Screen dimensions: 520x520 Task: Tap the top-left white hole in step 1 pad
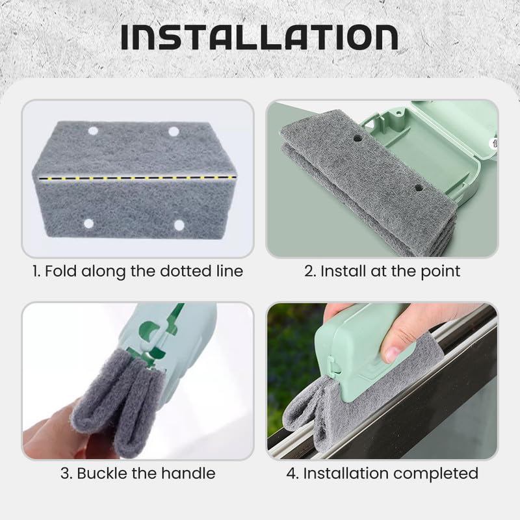tap(93, 131)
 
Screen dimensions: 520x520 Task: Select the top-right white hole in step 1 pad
tap(174, 131)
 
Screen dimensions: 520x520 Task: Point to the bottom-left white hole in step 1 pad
tap(88, 224)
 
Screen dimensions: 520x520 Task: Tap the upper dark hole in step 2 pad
tap(357, 138)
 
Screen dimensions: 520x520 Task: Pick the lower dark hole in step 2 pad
tap(419, 188)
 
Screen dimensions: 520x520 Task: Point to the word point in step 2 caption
tap(434, 271)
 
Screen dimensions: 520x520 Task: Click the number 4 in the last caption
tap(291, 473)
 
